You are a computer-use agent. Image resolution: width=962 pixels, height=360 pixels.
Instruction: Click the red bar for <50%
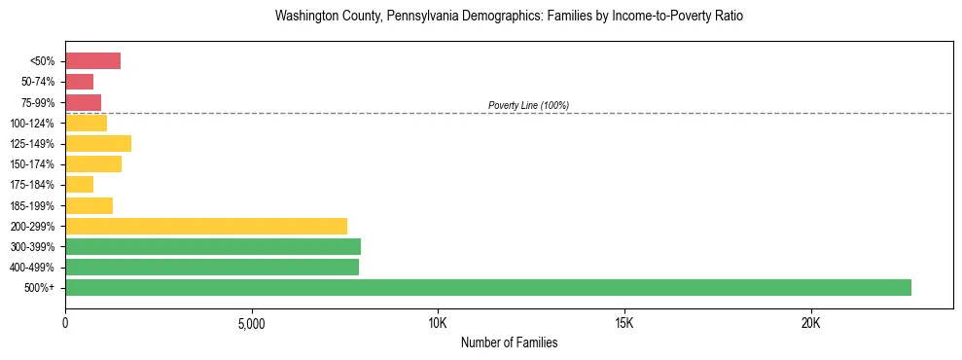92,61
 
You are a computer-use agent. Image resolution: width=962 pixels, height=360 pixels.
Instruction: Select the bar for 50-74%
79,82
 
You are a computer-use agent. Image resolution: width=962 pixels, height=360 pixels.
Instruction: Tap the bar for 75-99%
83,102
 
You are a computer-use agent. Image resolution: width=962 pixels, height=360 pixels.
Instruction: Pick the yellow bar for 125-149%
98,144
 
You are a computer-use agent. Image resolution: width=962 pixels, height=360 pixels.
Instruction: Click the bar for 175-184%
79,185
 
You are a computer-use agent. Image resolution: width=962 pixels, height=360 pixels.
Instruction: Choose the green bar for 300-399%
213,246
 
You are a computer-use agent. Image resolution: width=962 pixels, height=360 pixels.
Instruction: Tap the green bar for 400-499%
212,267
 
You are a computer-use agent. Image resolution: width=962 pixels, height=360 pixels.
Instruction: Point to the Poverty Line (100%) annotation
528,105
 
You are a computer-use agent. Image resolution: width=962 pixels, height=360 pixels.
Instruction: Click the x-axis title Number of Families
509,342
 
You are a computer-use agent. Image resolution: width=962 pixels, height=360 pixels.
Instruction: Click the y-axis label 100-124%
32,124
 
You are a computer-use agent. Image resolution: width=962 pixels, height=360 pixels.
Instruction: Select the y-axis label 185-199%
32,205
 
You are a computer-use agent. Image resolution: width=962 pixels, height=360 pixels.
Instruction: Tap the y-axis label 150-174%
32,164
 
